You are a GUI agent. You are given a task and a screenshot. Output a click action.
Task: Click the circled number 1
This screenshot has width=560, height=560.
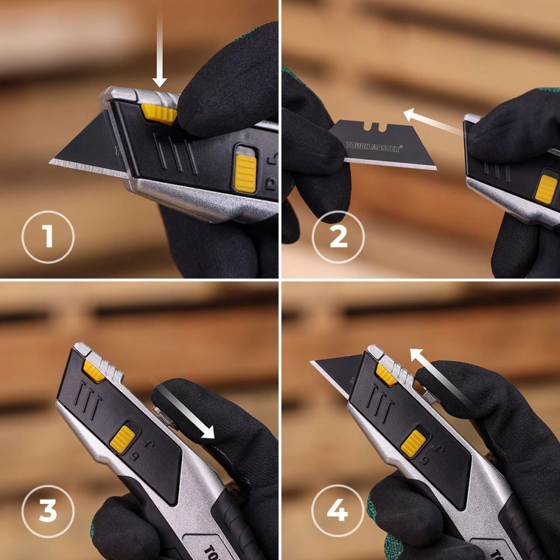48,237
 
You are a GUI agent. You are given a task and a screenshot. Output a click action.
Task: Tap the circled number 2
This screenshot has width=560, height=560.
338,237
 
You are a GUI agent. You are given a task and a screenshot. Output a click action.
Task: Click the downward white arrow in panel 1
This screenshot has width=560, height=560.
160,50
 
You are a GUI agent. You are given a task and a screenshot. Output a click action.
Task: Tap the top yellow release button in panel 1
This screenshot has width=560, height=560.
159,113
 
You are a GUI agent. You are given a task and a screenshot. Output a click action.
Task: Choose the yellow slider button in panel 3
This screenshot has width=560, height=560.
122,439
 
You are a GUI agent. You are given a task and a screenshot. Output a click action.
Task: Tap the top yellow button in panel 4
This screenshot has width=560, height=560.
386,374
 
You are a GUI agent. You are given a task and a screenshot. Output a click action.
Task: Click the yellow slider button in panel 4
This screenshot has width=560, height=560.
413,442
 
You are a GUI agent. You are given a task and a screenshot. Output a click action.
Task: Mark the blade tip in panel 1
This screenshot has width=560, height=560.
53,162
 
